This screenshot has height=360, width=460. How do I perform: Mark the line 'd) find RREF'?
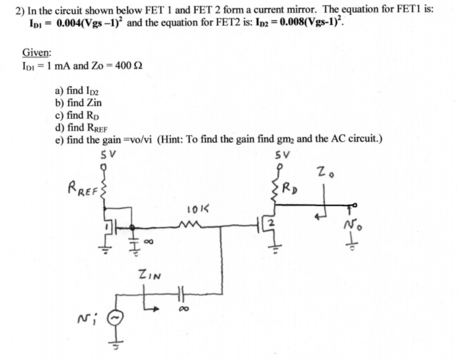click(x=82, y=128)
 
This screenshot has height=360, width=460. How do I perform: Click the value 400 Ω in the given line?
click(x=129, y=66)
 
